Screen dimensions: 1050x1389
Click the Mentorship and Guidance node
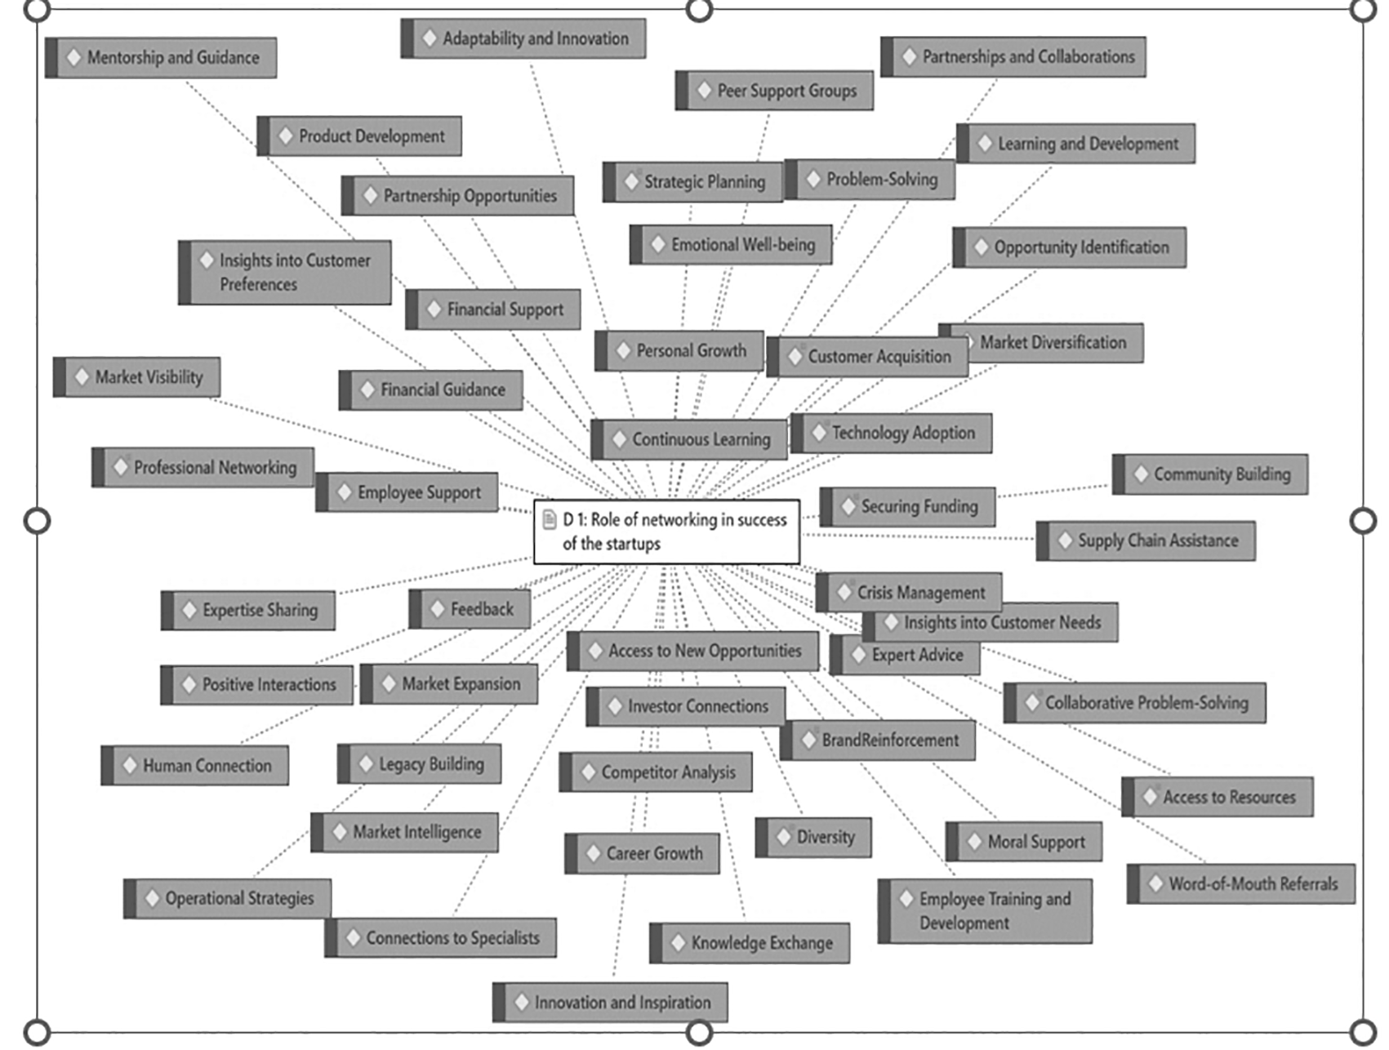pos(162,58)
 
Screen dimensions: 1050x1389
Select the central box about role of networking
pos(666,532)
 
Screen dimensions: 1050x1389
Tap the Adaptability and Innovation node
pos(524,38)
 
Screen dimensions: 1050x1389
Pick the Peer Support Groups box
pos(775,91)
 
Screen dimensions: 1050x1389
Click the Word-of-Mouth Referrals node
pos(1242,883)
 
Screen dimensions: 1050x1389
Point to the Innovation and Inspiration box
pos(611,1002)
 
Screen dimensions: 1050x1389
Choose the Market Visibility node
pos(137,377)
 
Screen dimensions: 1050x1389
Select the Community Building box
pos(1211,474)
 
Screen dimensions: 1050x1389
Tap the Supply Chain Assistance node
pos(1146,541)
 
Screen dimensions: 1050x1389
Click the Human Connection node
pos(196,766)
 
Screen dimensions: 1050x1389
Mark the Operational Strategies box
pos(229,898)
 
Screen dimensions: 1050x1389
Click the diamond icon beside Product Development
pos(286,136)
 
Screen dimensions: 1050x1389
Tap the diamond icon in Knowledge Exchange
pos(678,943)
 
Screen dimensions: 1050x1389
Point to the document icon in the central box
pos(550,519)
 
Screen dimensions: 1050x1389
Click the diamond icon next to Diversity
pos(784,837)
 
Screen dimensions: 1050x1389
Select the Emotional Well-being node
pos(732,245)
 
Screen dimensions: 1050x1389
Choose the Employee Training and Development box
pos(986,911)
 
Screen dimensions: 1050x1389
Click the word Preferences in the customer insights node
pos(258,285)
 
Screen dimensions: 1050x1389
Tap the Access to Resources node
pos(1218,797)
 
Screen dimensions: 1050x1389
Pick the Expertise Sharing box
pos(249,611)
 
